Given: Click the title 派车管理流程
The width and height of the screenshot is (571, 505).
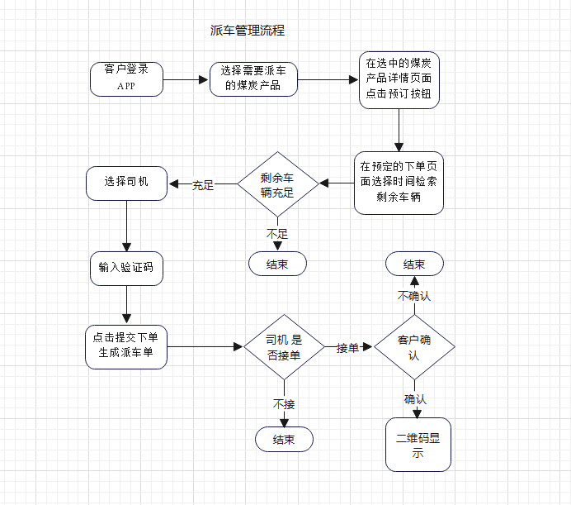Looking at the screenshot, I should click(x=248, y=31).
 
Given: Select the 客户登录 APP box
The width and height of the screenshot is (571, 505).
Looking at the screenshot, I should click(x=126, y=79).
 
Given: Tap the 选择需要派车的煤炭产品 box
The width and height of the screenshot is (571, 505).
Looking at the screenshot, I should click(x=253, y=79).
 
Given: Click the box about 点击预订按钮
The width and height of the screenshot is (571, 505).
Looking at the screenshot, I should click(x=399, y=79).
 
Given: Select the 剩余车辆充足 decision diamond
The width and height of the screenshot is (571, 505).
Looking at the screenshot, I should click(x=278, y=185).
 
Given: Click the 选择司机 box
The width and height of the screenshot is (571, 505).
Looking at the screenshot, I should click(x=126, y=183).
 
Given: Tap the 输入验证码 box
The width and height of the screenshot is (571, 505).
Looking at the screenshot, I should click(x=126, y=268).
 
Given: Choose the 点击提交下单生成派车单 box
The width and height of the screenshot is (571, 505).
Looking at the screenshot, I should click(x=126, y=346).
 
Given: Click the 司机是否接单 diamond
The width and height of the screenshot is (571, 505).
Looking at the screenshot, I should click(x=284, y=347).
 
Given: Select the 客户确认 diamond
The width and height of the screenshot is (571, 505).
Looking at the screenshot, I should click(x=414, y=347).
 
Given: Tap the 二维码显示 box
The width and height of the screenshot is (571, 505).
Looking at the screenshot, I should click(x=418, y=445).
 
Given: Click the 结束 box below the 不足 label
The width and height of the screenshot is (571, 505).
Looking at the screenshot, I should click(x=277, y=264).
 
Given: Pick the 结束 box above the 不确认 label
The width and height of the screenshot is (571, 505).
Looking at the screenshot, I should click(x=414, y=264).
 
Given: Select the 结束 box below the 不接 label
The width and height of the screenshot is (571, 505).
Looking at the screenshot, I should click(x=284, y=440).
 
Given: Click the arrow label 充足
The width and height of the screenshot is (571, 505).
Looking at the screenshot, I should click(x=203, y=185).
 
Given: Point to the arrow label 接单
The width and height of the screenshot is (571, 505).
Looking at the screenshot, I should click(x=347, y=348).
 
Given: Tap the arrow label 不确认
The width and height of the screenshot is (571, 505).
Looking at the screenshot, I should click(x=414, y=296).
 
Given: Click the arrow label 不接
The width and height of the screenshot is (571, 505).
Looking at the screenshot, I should click(x=284, y=404).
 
